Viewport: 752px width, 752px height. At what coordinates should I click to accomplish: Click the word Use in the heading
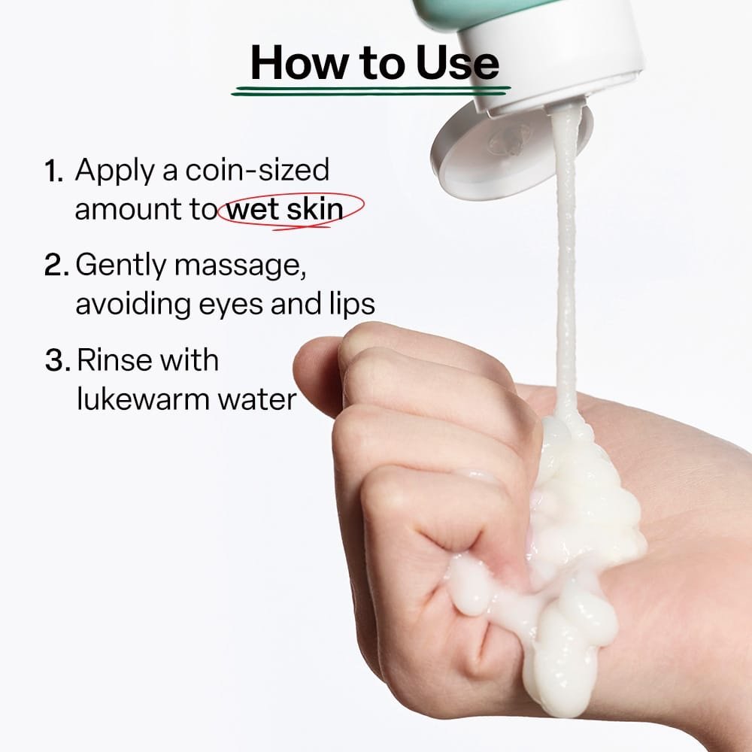click(x=457, y=62)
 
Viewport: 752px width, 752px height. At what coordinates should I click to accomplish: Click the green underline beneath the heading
click(x=371, y=91)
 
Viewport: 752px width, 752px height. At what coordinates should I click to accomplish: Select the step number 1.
click(x=53, y=171)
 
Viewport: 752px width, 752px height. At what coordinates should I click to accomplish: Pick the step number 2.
click(x=56, y=265)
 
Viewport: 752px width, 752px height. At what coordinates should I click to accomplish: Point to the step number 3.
click(x=58, y=360)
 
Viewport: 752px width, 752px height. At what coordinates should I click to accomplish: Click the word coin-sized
click(x=257, y=169)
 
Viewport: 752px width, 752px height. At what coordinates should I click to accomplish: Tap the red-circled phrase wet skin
click(x=284, y=209)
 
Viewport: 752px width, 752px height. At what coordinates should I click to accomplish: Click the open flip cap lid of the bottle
click(x=511, y=150)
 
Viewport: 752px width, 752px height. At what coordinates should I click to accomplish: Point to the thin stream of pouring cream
click(x=566, y=264)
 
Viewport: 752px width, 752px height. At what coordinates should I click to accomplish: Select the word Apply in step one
click(x=114, y=171)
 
